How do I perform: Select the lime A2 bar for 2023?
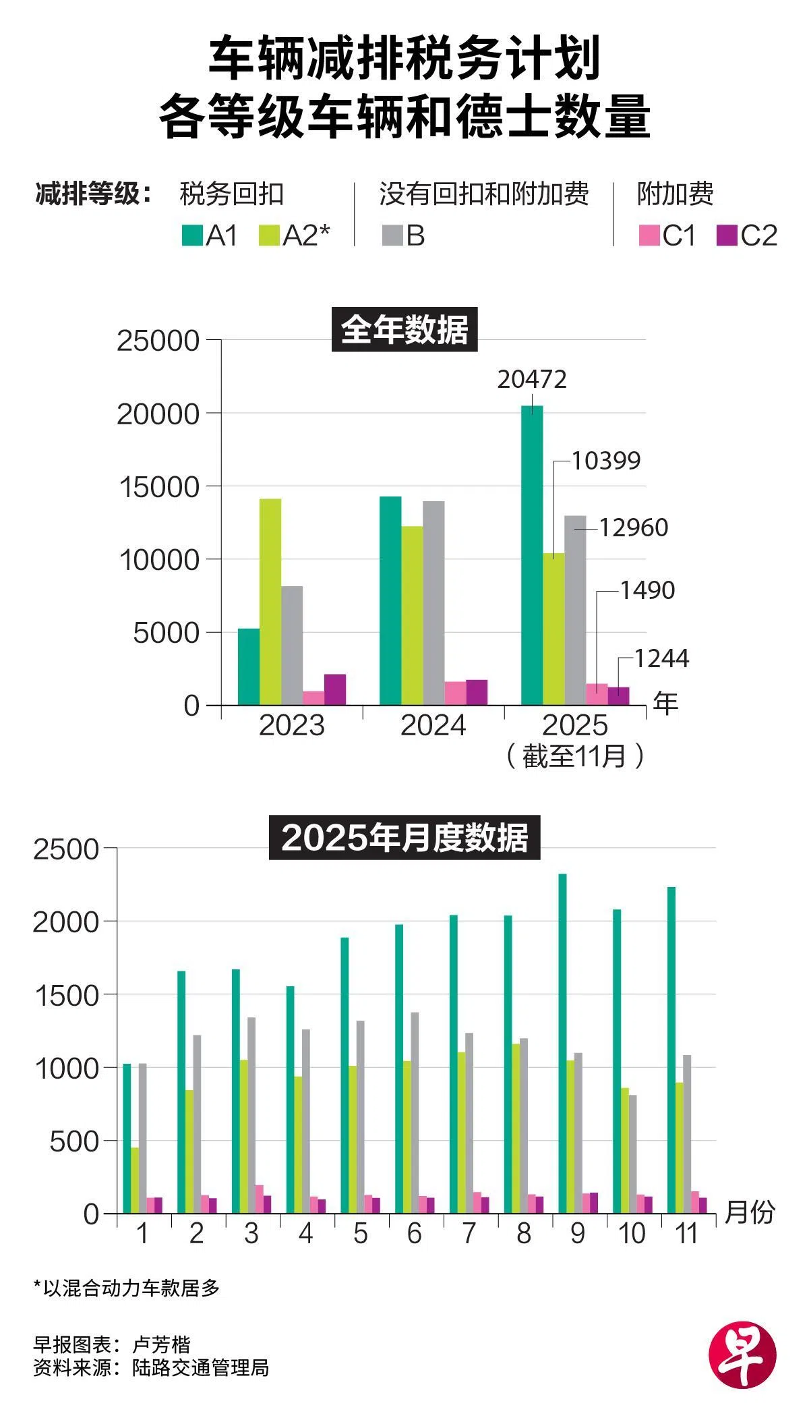click(x=270, y=602)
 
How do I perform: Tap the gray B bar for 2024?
click(x=433, y=603)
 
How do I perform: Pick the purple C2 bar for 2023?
click(x=334, y=689)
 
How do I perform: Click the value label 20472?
click(x=532, y=380)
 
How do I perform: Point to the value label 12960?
click(x=633, y=528)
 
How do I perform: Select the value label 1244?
click(x=661, y=658)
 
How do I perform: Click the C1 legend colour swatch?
click(x=649, y=236)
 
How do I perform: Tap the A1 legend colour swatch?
click(x=193, y=236)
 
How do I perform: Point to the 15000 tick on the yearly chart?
click(x=159, y=487)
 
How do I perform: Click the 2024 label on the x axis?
click(x=433, y=726)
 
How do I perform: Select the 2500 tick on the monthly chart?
click(x=66, y=849)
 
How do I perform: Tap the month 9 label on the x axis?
click(x=578, y=1233)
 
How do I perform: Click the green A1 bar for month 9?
click(x=562, y=1044)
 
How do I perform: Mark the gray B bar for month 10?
click(x=632, y=1154)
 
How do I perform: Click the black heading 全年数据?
click(x=404, y=330)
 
